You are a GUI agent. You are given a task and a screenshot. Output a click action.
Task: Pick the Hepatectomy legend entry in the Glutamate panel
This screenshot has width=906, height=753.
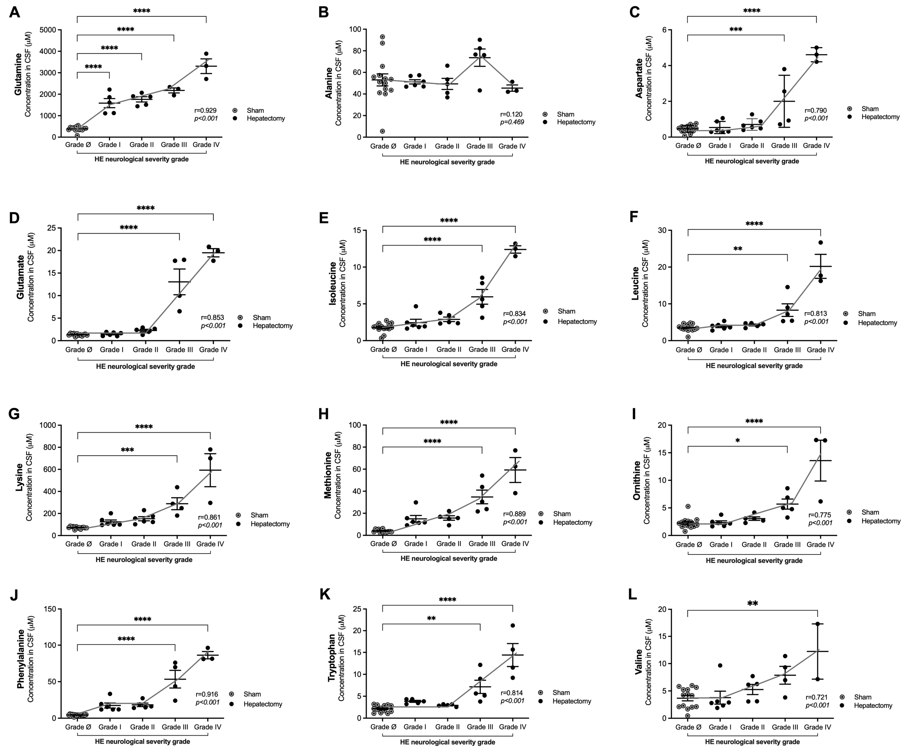tap(272, 325)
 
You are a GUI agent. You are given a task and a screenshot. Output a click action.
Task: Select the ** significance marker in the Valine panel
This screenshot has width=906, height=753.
tap(752, 604)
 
